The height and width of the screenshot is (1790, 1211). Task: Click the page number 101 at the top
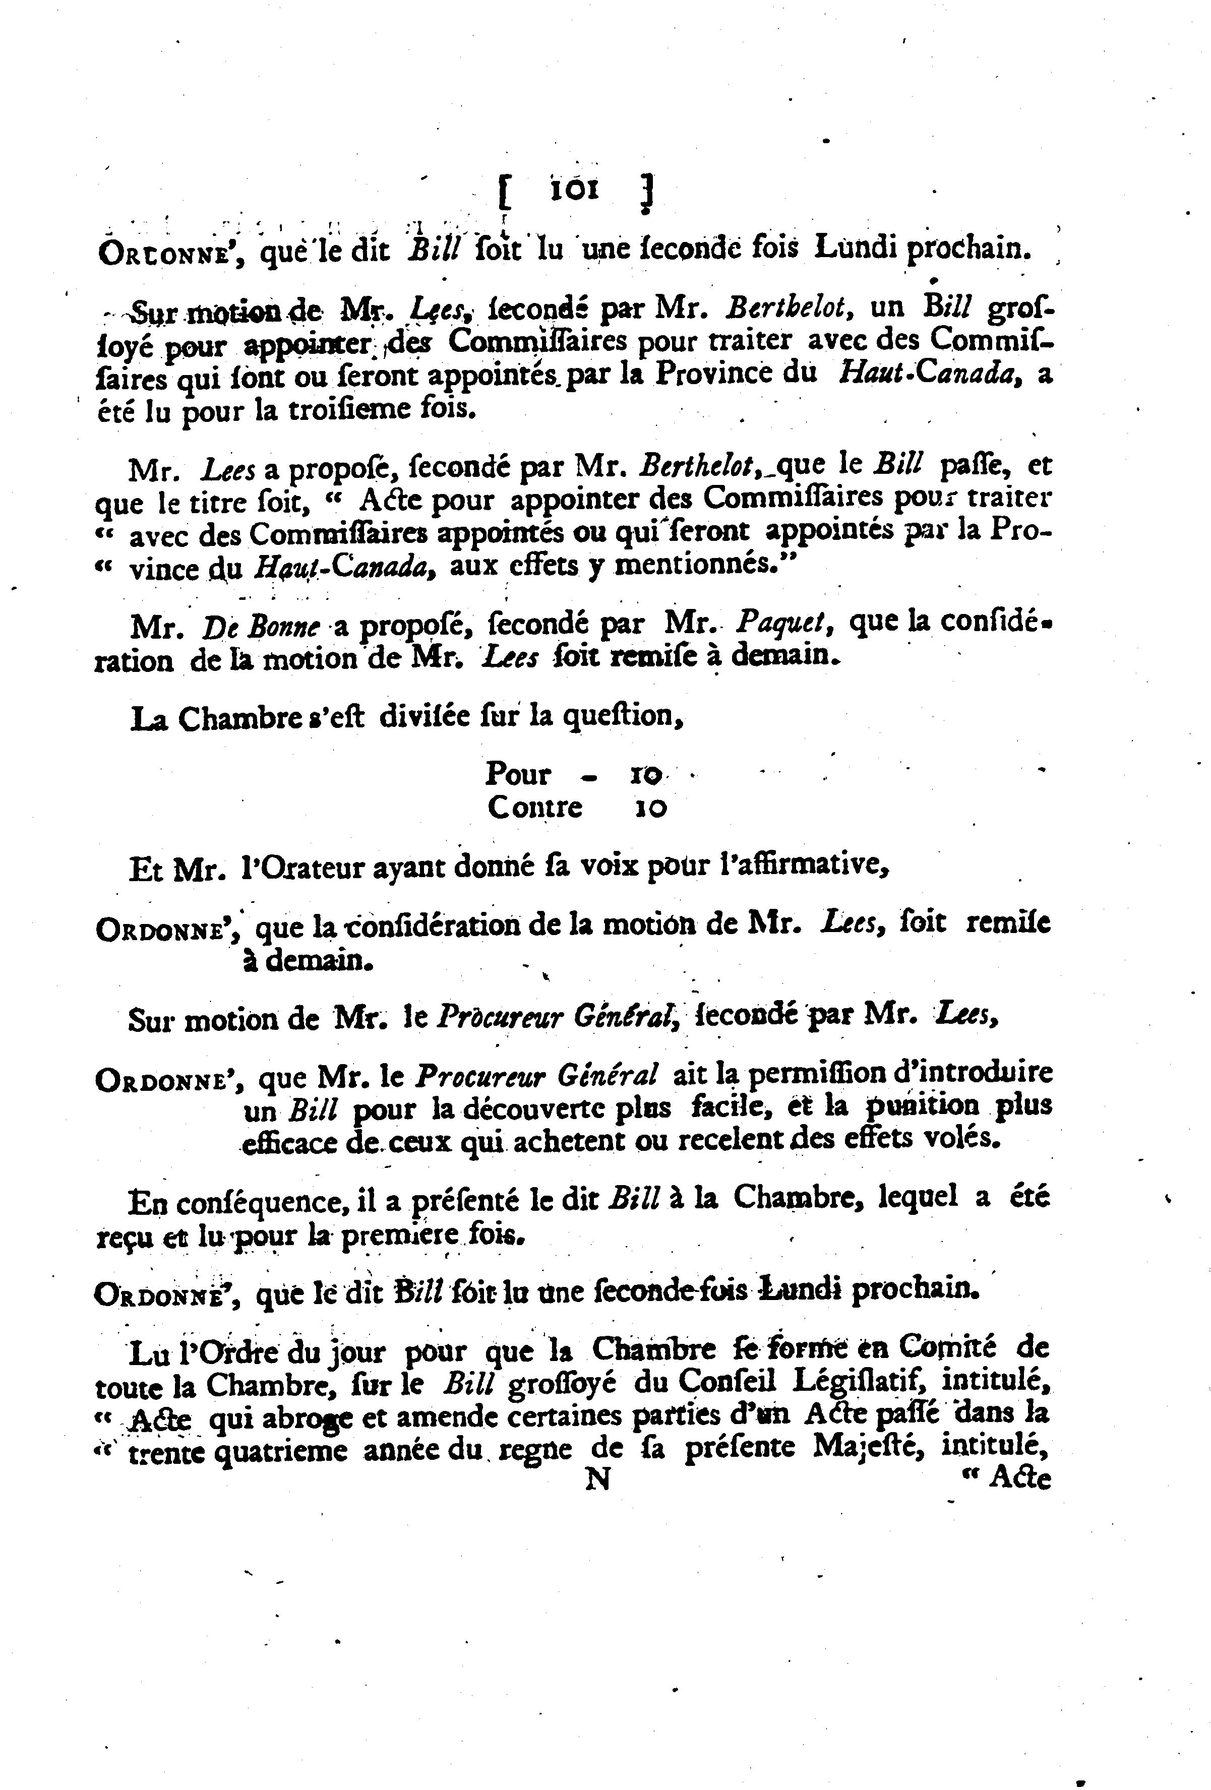(573, 190)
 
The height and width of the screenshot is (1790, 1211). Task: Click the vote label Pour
(518, 773)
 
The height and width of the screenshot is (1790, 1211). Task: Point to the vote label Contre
(534, 807)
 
